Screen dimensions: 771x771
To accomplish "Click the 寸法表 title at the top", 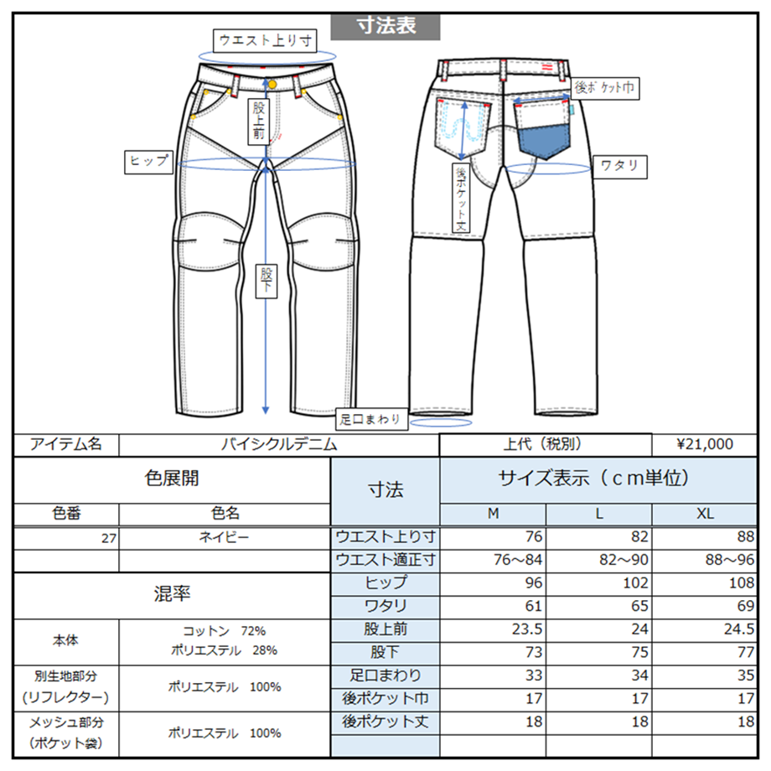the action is [385, 26].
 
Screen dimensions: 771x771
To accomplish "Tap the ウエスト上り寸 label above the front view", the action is [266, 39].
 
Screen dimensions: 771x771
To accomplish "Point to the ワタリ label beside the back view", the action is [619, 165].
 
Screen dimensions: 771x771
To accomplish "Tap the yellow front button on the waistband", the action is [272, 85].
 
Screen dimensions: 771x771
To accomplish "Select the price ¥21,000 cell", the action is [704, 445].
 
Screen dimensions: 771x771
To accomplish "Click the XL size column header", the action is [705, 515].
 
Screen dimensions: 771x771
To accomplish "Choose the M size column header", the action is [493, 515].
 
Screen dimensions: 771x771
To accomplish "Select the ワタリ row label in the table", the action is [385, 606].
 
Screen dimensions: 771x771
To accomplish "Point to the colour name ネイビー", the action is [225, 537].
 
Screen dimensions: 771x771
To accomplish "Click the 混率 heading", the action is [173, 595].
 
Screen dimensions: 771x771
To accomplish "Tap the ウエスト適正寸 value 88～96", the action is [706, 561].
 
